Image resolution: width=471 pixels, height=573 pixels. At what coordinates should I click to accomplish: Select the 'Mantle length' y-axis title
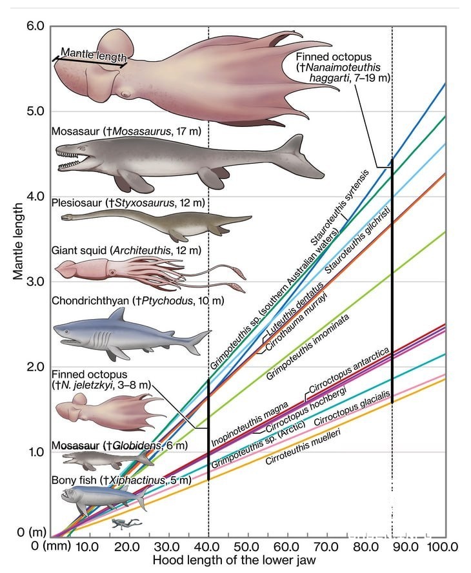tap(19, 241)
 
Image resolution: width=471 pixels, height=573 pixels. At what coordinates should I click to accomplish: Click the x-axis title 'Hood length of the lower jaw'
tap(234, 560)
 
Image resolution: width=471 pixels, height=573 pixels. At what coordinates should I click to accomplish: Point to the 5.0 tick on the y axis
tap(35, 111)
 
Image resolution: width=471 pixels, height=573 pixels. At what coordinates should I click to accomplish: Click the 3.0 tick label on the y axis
tap(35, 282)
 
